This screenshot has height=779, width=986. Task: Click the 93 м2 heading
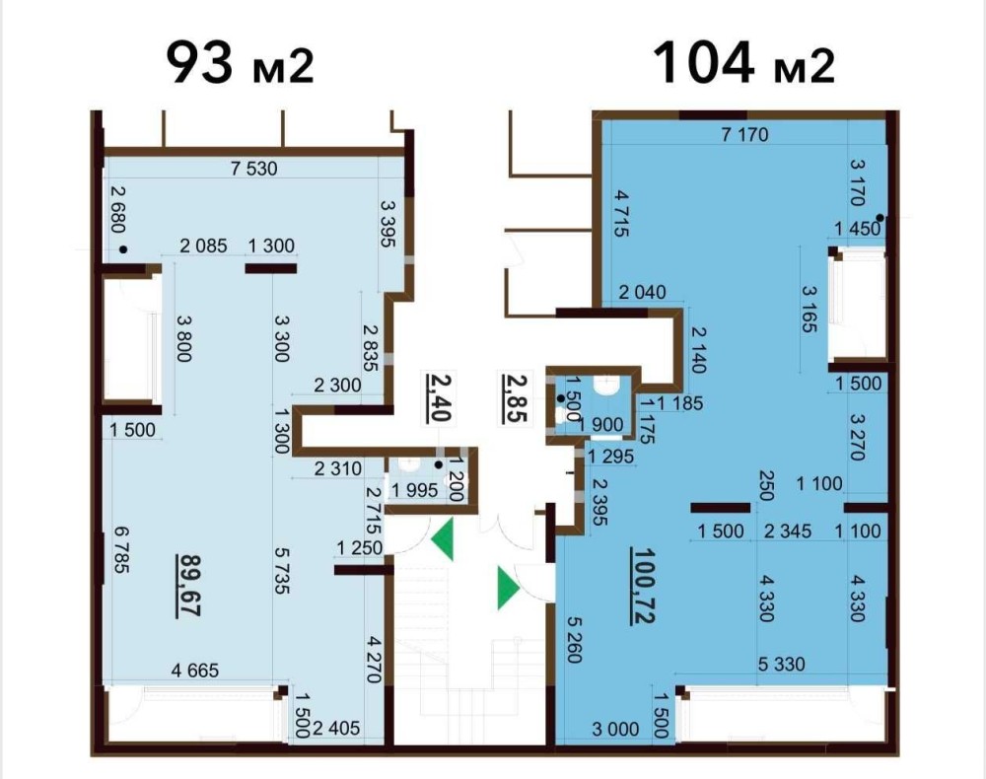point(240,62)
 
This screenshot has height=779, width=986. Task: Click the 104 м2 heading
point(743,62)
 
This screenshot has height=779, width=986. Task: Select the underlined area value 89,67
point(189,586)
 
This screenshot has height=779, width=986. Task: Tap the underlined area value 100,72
point(644,586)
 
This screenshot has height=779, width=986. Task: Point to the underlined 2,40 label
point(439,397)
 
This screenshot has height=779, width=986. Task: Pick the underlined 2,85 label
point(515,397)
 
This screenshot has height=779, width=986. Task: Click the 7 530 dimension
point(254,169)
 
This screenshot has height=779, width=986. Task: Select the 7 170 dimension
point(745,134)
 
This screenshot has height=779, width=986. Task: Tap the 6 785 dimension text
point(121,549)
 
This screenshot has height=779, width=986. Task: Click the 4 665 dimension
point(195,671)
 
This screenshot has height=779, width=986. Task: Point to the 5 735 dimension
point(281,570)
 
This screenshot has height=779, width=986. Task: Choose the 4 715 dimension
point(621,214)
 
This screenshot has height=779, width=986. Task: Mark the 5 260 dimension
point(574,640)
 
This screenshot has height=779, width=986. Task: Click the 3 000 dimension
point(615,730)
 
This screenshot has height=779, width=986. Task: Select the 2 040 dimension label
point(642,292)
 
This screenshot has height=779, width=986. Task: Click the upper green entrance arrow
point(443,539)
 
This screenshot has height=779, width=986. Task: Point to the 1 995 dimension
point(414,490)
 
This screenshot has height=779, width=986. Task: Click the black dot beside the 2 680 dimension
point(123,249)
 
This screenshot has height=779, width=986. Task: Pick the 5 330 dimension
point(782,664)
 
